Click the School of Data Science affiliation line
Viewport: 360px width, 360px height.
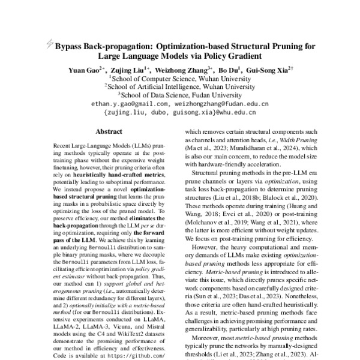(x=179, y=94)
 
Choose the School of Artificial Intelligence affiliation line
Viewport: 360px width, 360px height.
(x=179, y=86)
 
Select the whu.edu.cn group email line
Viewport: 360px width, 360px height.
(x=180, y=112)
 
